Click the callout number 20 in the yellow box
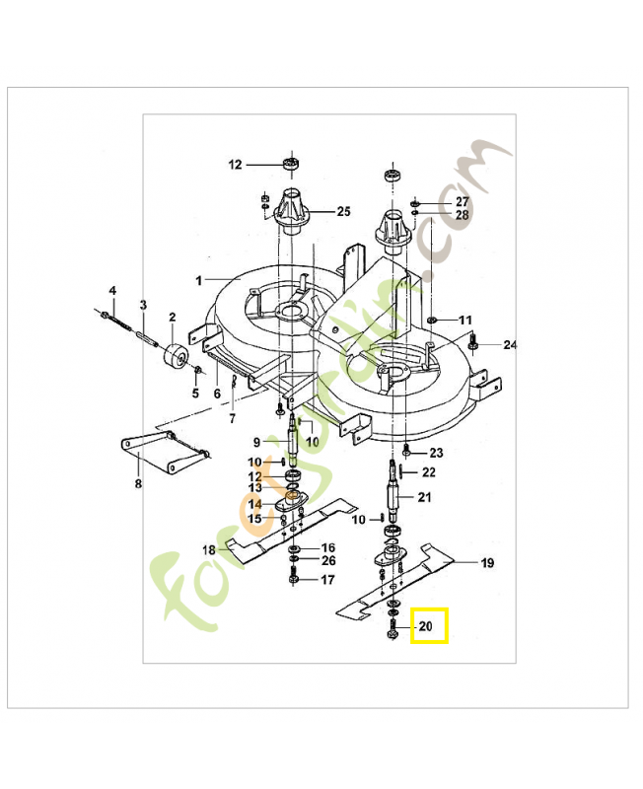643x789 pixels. click(426, 626)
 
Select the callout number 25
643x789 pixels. click(343, 211)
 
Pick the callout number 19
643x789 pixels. click(486, 563)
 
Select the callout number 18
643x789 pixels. click(208, 549)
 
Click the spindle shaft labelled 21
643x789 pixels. click(395, 493)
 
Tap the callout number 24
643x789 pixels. click(510, 345)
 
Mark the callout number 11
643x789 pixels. click(464, 321)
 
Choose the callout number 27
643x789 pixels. click(462, 201)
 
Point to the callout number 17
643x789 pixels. click(327, 580)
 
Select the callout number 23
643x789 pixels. click(436, 453)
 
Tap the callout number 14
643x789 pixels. click(254, 504)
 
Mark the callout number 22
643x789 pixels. click(428, 472)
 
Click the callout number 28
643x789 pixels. click(462, 215)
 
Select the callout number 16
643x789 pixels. click(327, 547)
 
